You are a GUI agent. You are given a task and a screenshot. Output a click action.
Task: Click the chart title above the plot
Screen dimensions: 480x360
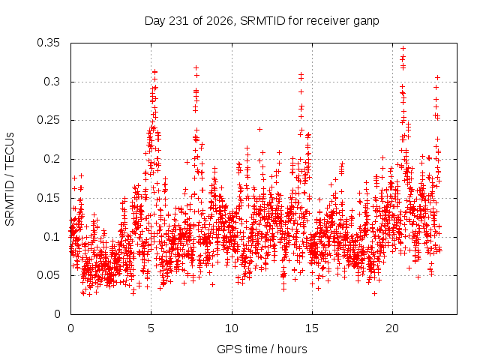click(262, 21)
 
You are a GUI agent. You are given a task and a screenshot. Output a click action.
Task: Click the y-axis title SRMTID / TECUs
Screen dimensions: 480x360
click(10, 179)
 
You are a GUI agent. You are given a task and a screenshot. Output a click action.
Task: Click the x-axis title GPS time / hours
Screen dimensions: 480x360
click(262, 349)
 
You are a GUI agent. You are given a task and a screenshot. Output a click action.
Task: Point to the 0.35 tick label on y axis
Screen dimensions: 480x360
click(48, 43)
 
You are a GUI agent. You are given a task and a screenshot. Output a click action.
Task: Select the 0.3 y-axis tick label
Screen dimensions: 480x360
click(52, 82)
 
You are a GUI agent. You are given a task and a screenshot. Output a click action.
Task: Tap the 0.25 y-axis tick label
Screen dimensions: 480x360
click(48, 120)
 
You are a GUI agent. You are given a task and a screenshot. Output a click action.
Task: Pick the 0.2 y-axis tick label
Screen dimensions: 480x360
click(52, 159)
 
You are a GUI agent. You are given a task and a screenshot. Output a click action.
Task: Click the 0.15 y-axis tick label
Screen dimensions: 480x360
click(48, 198)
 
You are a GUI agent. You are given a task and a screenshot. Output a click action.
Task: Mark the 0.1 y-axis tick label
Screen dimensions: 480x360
click(52, 237)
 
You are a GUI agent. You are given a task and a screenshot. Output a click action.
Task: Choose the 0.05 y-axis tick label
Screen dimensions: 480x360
click(48, 275)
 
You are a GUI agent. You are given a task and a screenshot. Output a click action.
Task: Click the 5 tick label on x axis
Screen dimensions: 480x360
click(151, 328)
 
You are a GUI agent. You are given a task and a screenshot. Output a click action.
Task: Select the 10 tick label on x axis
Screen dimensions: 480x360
click(232, 328)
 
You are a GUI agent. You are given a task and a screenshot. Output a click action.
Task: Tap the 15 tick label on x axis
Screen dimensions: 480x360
click(312, 328)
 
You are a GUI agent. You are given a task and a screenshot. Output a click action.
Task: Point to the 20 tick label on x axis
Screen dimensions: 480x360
click(392, 328)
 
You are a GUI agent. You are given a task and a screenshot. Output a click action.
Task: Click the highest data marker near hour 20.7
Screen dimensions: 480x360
click(403, 48)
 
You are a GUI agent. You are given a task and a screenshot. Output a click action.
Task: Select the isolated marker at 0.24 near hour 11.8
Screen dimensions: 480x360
click(260, 130)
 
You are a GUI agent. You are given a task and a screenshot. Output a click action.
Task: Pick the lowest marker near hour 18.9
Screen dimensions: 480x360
click(374, 293)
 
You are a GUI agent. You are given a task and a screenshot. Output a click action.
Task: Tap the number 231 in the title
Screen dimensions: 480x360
click(179, 21)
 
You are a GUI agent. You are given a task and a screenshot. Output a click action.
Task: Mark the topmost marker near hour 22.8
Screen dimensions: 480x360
click(438, 78)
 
